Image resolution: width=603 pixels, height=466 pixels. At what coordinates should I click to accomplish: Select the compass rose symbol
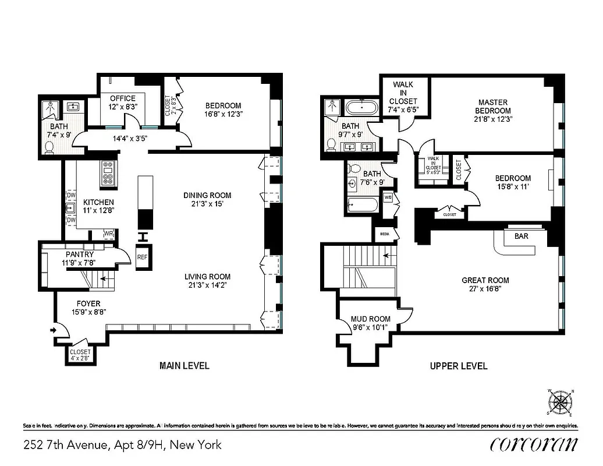click(561, 401)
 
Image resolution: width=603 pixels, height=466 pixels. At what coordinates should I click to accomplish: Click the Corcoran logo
click(534, 444)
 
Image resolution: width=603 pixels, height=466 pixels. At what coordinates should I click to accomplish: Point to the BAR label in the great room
click(521, 237)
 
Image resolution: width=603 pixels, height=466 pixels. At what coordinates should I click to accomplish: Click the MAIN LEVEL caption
click(185, 366)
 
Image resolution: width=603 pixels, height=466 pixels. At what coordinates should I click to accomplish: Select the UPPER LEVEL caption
click(459, 366)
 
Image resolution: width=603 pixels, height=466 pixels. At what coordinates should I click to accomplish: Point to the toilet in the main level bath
click(50, 147)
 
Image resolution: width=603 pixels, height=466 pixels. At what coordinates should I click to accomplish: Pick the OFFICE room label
click(122, 98)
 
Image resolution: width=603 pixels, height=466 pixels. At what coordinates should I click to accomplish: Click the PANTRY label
click(80, 255)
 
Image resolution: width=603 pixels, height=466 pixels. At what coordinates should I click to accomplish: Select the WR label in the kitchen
click(108, 234)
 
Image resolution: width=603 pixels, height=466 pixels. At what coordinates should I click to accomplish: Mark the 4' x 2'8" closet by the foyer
click(80, 355)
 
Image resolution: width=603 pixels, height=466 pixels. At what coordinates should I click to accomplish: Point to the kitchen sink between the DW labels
click(70, 207)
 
